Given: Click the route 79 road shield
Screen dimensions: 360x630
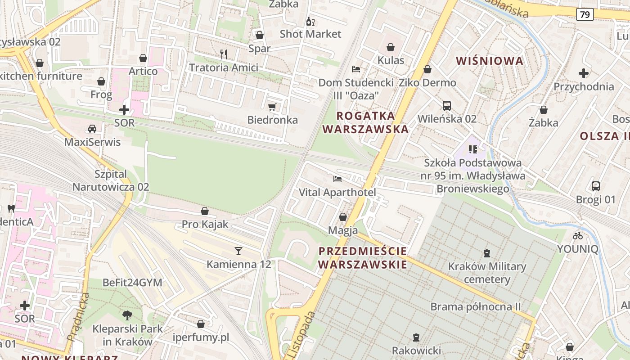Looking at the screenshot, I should [x=585, y=14].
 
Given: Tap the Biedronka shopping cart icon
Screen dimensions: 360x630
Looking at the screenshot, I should [x=272, y=107].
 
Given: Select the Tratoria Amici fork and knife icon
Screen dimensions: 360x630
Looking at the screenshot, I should [x=223, y=54].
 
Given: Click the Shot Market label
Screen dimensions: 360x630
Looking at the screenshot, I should [x=310, y=34].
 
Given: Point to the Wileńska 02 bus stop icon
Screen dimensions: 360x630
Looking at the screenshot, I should [x=446, y=106].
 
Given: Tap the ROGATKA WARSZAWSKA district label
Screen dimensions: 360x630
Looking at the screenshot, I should [x=365, y=122].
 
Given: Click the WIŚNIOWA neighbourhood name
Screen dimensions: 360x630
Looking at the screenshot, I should [x=490, y=61].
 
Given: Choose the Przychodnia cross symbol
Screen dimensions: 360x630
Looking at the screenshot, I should [x=584, y=73].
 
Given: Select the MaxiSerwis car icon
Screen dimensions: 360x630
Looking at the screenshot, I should [x=92, y=129].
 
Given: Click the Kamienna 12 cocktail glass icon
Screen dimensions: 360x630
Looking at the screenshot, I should [x=238, y=251].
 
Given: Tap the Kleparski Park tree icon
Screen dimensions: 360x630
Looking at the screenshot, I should [x=127, y=315].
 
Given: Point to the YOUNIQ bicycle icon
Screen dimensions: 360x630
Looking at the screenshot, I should [x=578, y=235].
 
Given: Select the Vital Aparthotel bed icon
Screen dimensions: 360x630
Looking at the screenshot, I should [x=337, y=179].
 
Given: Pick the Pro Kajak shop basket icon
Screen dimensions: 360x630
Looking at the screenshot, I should [x=205, y=211].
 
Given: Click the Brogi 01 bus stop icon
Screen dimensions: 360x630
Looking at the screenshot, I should [x=596, y=186].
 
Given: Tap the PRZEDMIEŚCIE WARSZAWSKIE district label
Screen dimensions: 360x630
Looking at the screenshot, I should [x=363, y=257].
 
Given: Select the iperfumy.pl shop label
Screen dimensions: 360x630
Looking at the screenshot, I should [x=201, y=337].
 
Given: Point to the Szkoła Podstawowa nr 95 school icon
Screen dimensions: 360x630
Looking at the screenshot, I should [x=472, y=149].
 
